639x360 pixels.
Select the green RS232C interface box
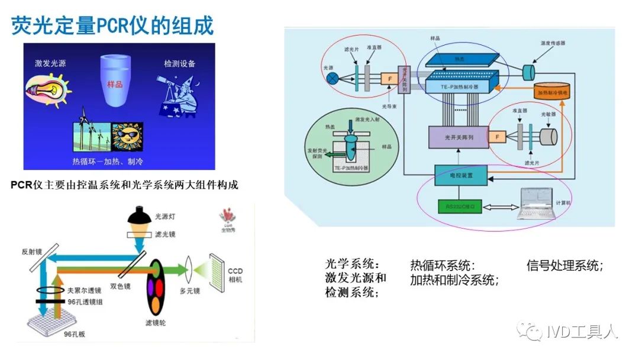[x=459, y=207]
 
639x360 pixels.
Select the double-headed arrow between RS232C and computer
[x=500, y=207]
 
